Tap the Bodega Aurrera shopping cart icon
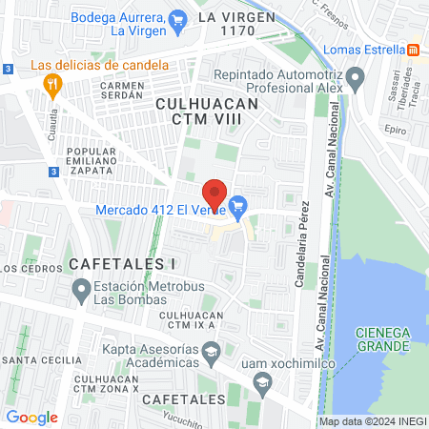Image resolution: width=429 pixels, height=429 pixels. [177, 18]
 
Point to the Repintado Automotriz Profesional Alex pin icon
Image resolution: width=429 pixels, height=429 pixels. [355, 75]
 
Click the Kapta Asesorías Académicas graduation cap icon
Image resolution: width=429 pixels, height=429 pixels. [212, 353]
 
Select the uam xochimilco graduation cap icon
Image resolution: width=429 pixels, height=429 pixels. [261, 382]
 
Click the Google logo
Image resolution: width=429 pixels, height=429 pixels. [31, 417]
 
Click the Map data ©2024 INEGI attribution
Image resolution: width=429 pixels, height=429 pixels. [372, 421]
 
